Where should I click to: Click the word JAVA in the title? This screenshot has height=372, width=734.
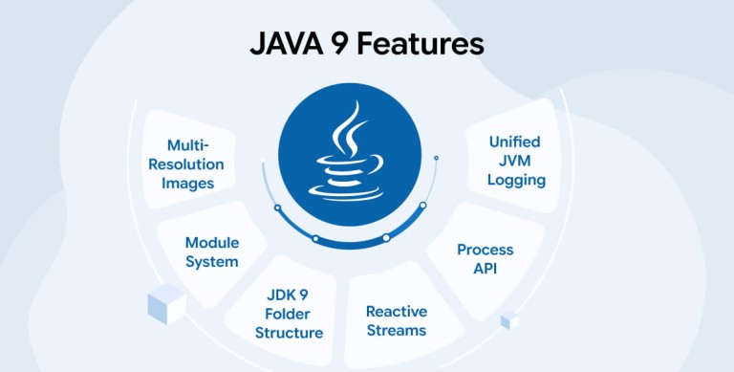point(287,45)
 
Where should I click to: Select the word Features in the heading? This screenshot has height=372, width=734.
point(421,45)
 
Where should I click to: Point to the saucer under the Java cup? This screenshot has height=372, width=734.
point(346,191)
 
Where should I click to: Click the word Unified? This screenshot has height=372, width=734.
point(514,142)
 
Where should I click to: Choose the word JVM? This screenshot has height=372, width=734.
point(514,161)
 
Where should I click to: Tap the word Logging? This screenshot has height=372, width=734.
point(516,181)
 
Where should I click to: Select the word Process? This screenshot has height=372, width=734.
point(485,250)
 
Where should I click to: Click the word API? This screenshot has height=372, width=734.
point(485,269)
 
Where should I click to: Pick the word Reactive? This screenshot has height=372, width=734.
point(397,311)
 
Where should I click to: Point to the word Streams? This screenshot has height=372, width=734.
point(397,330)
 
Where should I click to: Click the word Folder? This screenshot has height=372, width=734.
point(288,314)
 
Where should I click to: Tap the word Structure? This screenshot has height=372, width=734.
point(289,333)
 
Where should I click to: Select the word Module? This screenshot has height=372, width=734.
point(212,243)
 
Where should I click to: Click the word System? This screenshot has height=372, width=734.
point(212,262)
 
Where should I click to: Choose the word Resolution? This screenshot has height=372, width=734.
point(186,164)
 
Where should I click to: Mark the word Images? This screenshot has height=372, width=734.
point(187,184)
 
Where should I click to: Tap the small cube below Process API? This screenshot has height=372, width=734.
point(509,320)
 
